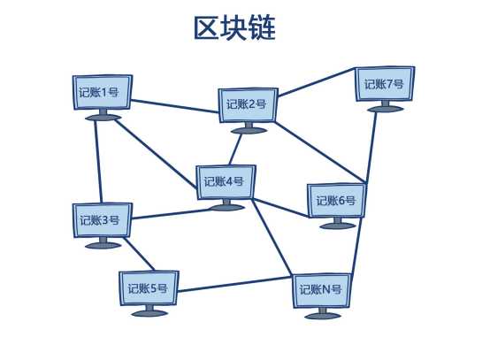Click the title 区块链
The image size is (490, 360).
tap(234, 28)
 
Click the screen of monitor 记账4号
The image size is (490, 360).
tap(226, 182)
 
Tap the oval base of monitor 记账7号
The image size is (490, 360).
tap(386, 109)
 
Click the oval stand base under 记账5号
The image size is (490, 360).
tap(149, 313)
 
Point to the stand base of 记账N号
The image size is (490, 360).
tap(323, 316)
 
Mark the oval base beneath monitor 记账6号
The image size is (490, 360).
tap(338, 226)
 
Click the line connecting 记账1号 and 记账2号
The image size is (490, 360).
tap(175, 106)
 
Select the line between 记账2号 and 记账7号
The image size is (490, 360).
tap(317, 81)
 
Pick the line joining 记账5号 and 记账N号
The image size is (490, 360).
tap(234, 285)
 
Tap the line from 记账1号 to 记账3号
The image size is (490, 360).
tap(98, 162)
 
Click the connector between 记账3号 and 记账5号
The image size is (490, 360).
tap(139, 254)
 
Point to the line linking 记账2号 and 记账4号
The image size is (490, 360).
tap(235, 149)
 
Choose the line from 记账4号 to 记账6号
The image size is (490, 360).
tap(281, 208)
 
